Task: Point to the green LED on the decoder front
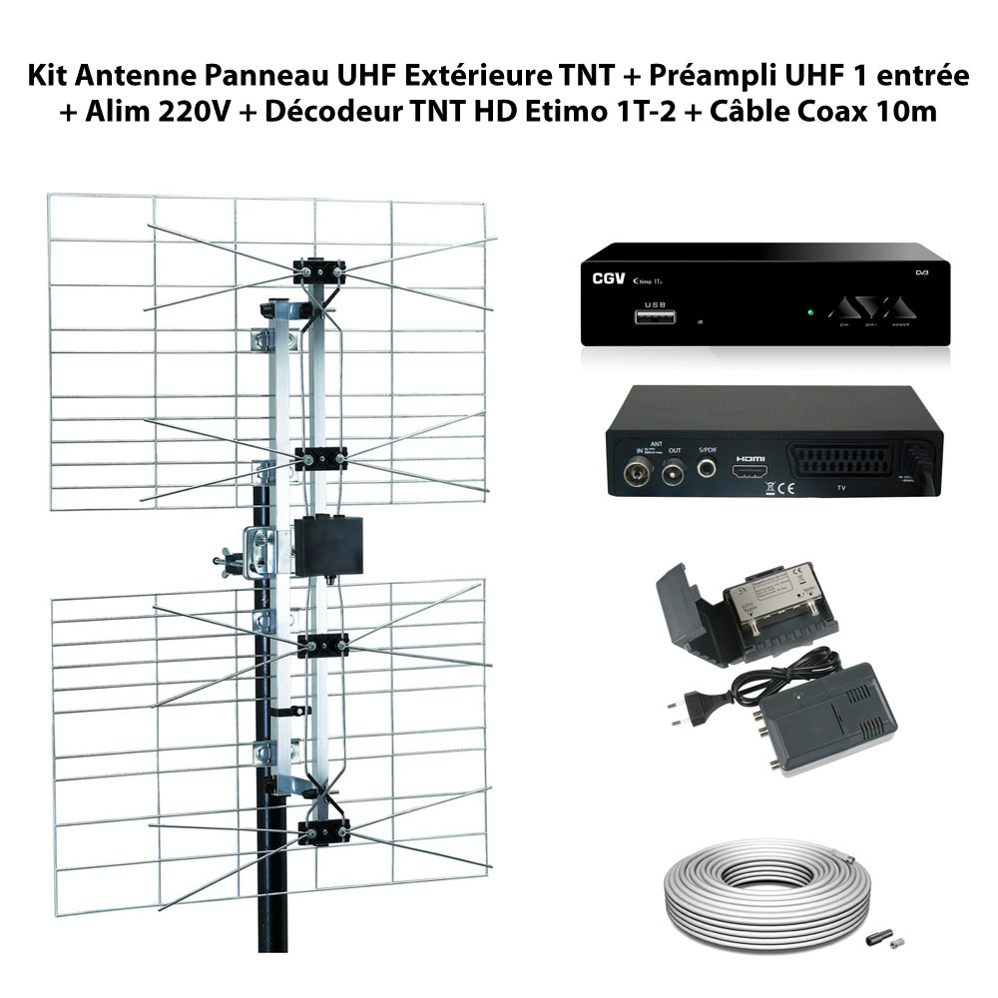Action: click(810, 312)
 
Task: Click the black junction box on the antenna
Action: click(326, 544)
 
